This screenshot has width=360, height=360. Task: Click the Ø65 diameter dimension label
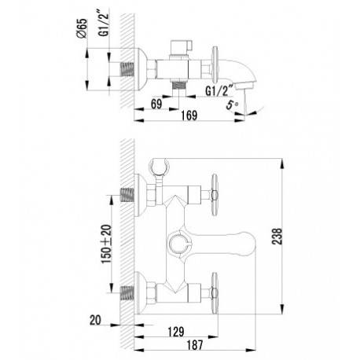tap(82, 28)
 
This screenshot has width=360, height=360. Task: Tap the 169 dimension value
tap(189, 116)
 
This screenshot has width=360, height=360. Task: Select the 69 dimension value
tap(156, 104)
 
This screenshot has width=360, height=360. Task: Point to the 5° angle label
tap(232, 105)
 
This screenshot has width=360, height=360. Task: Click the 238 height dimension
tap(277, 237)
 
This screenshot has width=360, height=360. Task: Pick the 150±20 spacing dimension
tap(106, 244)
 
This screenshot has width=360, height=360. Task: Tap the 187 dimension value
tap(195, 345)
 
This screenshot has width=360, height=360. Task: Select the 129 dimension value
tap(176, 332)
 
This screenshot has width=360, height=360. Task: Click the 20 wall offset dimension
tap(95, 320)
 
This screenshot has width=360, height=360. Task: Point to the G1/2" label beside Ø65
tap(104, 23)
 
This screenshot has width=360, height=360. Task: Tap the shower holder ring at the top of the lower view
tap(160, 166)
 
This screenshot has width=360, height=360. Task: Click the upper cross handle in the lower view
tap(215, 194)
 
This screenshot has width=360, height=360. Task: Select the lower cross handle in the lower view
tap(215, 292)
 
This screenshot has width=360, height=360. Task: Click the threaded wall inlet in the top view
tap(127, 70)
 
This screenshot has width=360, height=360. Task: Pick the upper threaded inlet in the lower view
tap(127, 195)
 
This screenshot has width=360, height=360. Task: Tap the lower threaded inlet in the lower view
tap(127, 292)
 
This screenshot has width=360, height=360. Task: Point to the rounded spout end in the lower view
tap(246, 244)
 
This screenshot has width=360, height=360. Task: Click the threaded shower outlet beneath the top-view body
tap(179, 85)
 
